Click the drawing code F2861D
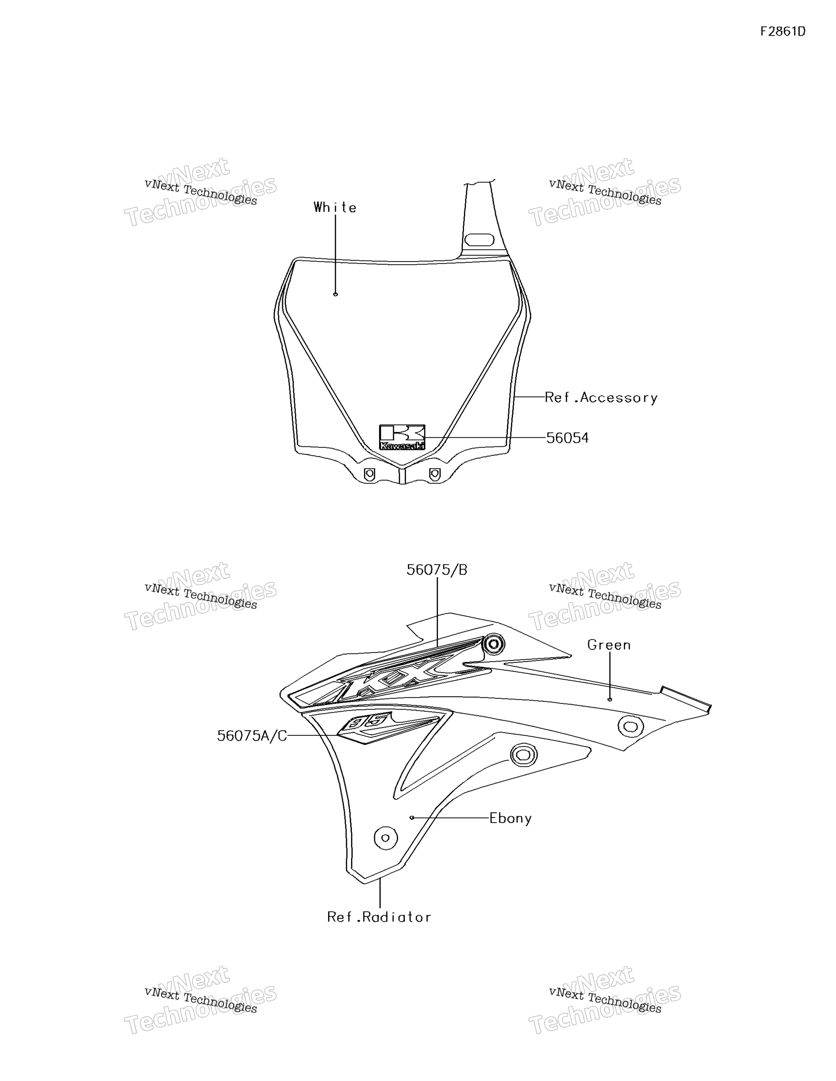(783, 32)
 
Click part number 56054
(568, 438)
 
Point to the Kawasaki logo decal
(402, 437)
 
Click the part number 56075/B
(437, 570)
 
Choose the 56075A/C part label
(252, 736)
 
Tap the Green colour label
(609, 645)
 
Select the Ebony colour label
(511, 818)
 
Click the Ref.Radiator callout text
(379, 917)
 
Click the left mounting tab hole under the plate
(369, 474)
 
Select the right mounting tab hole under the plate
(434, 474)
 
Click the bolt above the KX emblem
(493, 645)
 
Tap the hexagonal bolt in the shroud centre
(523, 755)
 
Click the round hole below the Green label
(630, 726)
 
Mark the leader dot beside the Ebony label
(412, 818)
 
